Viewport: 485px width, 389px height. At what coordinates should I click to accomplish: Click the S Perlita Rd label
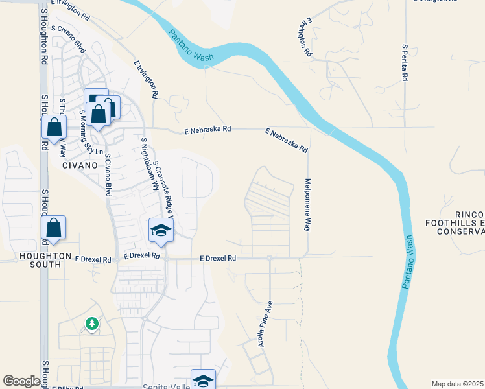pos(404,63)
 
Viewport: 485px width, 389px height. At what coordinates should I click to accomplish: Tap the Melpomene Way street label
pos(308,205)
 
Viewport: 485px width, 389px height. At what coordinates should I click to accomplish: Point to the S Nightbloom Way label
pos(150,163)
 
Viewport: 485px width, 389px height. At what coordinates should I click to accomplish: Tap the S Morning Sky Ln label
pos(91,132)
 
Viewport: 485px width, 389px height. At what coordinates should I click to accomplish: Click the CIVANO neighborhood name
pos(80,165)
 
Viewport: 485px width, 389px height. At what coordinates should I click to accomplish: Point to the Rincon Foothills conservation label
pos(460,223)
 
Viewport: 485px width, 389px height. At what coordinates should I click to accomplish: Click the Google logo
pos(21,381)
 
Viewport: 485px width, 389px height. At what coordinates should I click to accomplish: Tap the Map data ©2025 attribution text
pos(458,384)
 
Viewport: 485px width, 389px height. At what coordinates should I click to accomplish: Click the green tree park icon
pos(92,323)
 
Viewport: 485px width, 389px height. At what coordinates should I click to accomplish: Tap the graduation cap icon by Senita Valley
pos(203,379)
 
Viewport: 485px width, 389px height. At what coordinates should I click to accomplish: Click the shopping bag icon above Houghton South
pos(54,228)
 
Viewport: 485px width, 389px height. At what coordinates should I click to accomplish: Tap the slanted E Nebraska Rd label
pos(286,140)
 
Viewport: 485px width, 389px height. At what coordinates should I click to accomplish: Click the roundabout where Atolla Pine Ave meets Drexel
pos(269,257)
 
